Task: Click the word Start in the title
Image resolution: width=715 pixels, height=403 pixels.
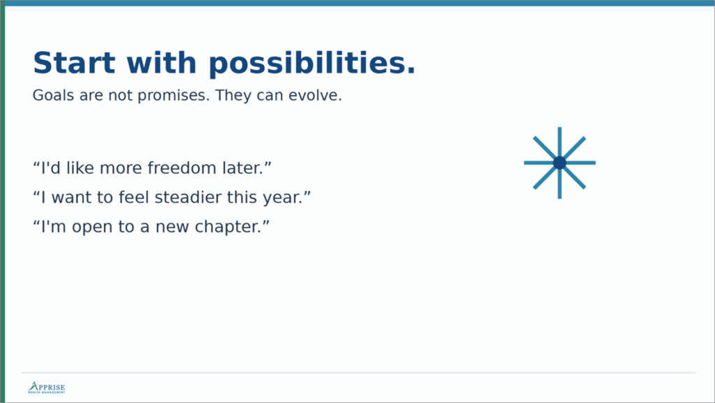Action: (74, 62)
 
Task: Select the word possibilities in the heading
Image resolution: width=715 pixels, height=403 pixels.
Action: (312, 63)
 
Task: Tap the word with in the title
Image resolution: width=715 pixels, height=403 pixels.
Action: (161, 62)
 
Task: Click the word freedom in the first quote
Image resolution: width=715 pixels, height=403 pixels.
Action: (184, 168)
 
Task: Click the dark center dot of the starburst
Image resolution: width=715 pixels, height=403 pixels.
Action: (559, 163)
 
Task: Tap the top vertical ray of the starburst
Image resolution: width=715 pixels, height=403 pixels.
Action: (559, 141)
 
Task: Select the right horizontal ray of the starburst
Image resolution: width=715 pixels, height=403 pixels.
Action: (581, 163)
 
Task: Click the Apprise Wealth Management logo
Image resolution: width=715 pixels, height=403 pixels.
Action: (47, 388)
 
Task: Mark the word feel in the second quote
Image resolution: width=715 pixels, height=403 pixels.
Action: (133, 198)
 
